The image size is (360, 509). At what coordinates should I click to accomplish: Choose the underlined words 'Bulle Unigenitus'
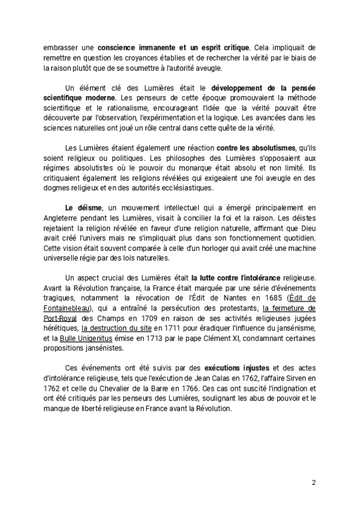click(96, 339)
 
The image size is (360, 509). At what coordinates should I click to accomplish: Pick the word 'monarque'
click(214, 168)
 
